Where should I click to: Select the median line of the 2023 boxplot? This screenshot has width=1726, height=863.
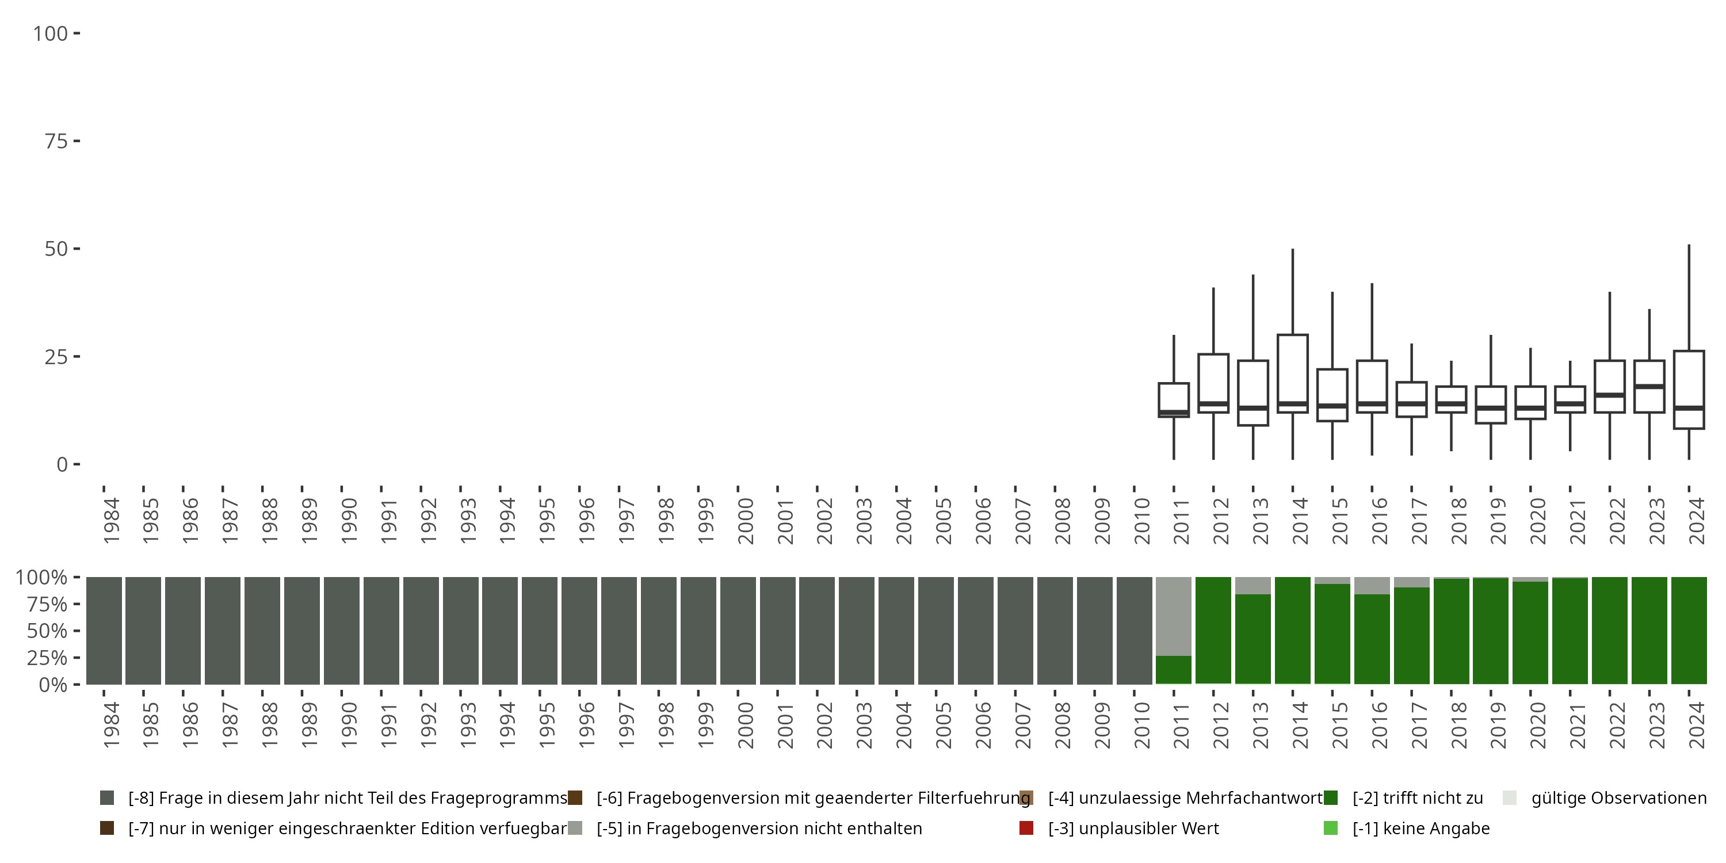point(1649,387)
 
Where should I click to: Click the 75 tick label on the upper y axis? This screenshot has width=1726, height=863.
point(56,142)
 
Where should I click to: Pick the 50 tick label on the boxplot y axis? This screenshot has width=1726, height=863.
point(56,249)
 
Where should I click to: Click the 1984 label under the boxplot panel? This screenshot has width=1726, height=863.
point(111,521)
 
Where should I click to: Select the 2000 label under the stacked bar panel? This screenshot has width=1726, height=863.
point(746,725)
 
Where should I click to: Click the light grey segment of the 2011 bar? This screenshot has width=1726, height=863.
point(1174,615)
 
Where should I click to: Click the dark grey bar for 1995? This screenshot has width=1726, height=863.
point(540,631)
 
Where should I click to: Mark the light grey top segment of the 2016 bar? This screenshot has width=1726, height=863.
point(1372,585)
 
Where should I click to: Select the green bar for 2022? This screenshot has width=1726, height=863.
point(1609,631)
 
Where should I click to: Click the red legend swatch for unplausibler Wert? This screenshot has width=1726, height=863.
point(1026,828)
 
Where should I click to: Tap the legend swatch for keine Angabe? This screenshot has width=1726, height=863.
point(1331,828)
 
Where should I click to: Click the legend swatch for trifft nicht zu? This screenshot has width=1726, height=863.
point(1331,798)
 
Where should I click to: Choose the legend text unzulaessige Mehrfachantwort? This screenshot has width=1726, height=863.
point(1185,798)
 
